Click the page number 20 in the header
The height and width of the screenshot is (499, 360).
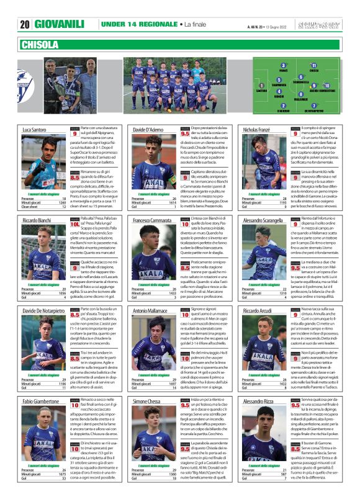pyautogui.click(x=25, y=24)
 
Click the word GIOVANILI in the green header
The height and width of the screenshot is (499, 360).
pyautogui.click(x=60, y=24)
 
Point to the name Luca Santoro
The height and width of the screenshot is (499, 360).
pyautogui.click(x=35, y=130)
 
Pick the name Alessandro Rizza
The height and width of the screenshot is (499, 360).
pyautogui.click(x=259, y=403)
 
